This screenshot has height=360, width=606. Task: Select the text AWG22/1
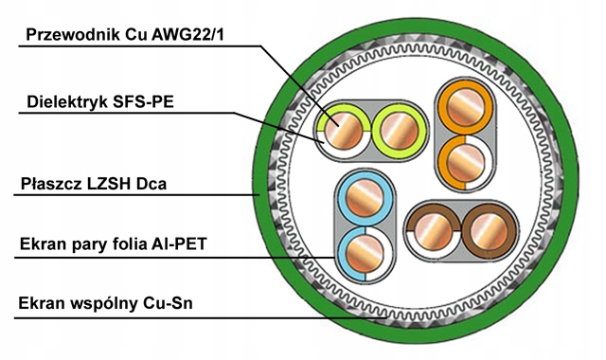[x=187, y=34]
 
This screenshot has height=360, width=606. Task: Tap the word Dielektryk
[x=67, y=101]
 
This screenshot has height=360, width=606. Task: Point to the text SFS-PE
[x=143, y=101]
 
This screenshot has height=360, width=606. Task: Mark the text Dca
[x=151, y=184]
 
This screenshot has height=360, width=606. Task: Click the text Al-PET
[x=179, y=244]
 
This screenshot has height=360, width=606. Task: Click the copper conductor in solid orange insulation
[x=465, y=107]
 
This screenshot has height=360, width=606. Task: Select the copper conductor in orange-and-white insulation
[x=465, y=162]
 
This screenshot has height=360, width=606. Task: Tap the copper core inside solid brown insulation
[x=489, y=231]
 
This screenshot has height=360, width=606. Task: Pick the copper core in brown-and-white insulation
[x=433, y=231]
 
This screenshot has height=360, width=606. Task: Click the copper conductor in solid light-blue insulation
[x=365, y=198]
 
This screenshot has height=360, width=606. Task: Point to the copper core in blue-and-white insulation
[x=365, y=253]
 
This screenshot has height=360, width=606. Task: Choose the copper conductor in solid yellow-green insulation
[x=400, y=131]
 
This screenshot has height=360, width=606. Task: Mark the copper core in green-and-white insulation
[x=343, y=131]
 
